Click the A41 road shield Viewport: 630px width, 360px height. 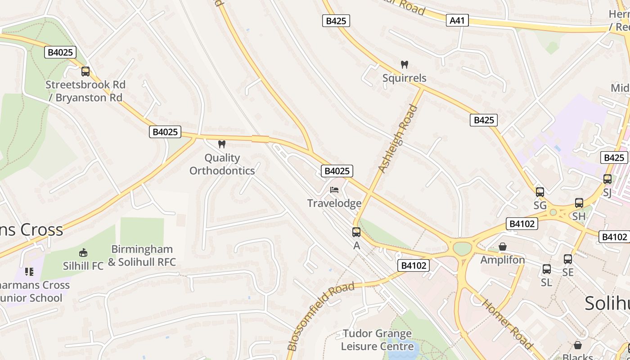pos(457,20)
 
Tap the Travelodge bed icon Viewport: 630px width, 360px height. pos(334,190)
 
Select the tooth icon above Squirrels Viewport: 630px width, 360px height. pos(404,64)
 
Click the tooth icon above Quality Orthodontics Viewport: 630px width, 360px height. pos(221,144)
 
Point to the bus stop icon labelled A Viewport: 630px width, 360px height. pos(356,232)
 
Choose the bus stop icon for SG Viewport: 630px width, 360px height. pos(540,192)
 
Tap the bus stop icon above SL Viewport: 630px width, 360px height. pos(546,269)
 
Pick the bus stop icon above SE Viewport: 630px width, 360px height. pos(568,259)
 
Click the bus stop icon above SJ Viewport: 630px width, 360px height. pos(607,179)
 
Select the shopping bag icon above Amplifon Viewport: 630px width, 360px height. pos(503,247)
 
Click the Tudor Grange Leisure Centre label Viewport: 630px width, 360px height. pos(377,340)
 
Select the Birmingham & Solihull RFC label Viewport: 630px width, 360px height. pos(142,256)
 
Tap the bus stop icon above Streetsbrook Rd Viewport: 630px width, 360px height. pos(85,71)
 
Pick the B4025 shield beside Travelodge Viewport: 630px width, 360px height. pos(337,171)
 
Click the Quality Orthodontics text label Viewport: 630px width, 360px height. pos(222,164)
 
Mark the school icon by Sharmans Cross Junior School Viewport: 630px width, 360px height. pos(29,271)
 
